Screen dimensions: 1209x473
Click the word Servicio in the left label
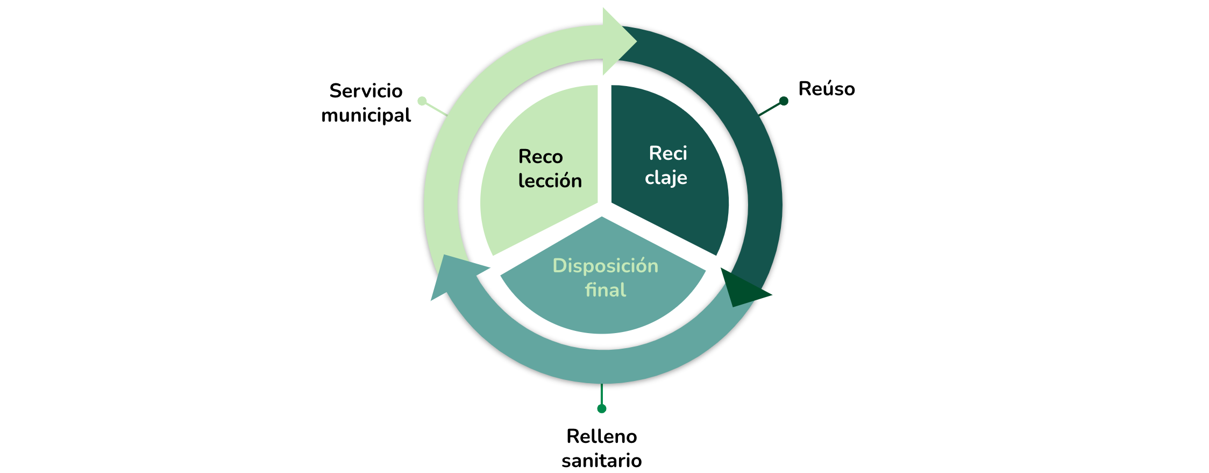coord(366,91)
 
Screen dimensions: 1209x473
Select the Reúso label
coord(827,88)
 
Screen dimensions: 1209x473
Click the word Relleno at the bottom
coord(602,436)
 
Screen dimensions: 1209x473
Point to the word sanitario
coord(602,461)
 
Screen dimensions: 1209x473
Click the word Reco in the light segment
coord(541,157)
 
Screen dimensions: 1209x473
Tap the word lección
coord(550,181)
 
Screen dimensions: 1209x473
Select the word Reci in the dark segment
coord(668,153)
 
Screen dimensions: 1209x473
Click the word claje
coord(666,178)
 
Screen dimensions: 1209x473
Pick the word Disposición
coord(606,266)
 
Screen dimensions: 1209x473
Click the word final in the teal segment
coord(606,290)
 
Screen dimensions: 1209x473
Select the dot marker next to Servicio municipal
coord(422,101)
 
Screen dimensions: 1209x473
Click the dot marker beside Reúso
coord(784,101)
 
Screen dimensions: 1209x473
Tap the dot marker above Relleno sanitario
coord(602,409)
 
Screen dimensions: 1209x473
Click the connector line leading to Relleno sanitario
coord(602,394)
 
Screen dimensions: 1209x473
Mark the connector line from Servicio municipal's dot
coord(436,109)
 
